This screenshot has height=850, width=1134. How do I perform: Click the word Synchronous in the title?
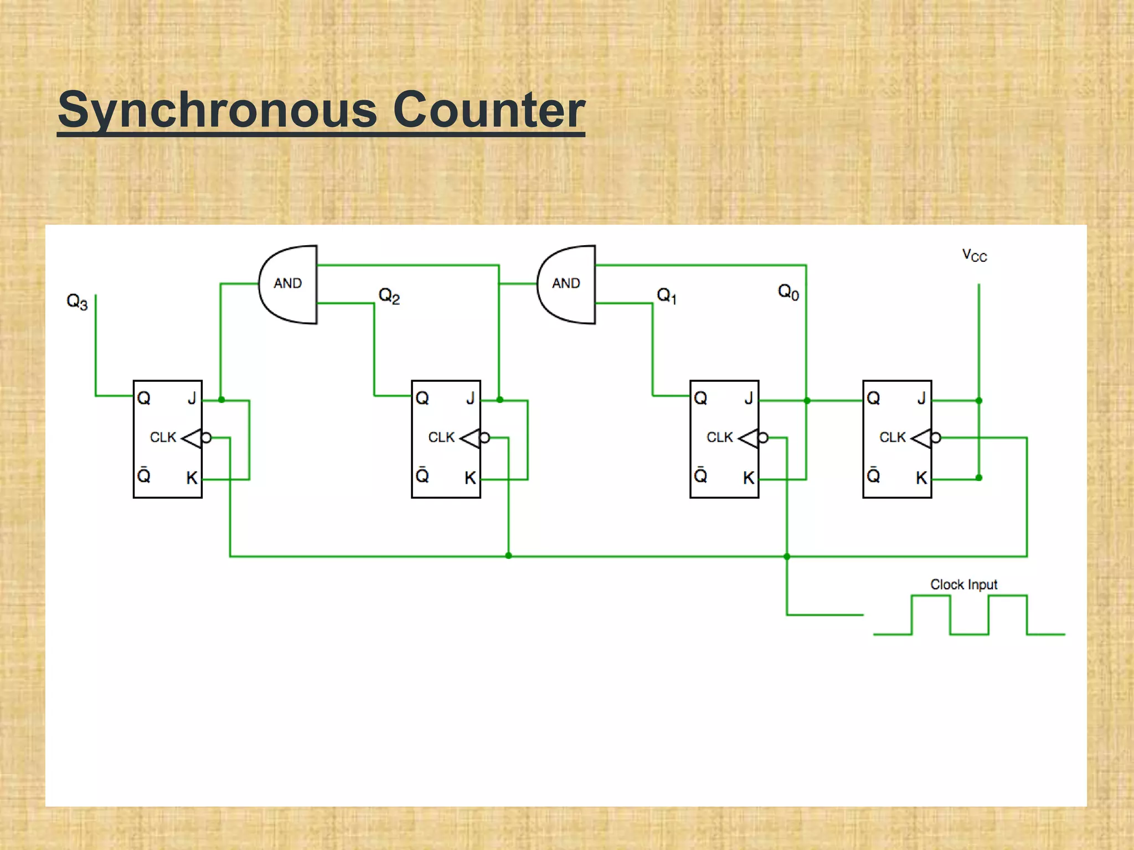[x=218, y=111]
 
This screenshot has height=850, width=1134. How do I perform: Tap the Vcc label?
[x=974, y=256]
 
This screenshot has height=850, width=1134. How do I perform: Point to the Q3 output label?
[x=77, y=302]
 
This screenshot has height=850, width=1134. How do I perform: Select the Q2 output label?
[x=389, y=296]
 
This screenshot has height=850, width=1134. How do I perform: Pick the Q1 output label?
[x=666, y=296]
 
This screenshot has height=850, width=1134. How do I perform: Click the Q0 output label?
[x=788, y=292]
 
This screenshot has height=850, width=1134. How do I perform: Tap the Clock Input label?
[x=963, y=584]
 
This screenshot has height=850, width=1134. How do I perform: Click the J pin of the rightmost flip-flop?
[x=921, y=398]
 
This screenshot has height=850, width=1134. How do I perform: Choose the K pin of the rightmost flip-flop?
[x=921, y=478]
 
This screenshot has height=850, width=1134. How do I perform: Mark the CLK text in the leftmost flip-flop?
[x=163, y=437]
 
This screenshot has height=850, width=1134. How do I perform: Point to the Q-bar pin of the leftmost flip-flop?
[x=143, y=475]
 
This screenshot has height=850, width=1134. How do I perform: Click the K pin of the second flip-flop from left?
[x=470, y=478]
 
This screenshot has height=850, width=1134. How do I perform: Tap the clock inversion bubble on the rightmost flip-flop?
[x=936, y=438]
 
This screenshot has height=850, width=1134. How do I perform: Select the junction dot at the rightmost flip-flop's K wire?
[x=979, y=478]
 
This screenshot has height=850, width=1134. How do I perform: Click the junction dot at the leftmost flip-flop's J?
[x=221, y=400]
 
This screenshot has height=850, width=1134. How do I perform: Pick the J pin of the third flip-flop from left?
[x=749, y=398]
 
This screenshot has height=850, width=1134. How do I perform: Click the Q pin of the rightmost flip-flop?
[x=873, y=398]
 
